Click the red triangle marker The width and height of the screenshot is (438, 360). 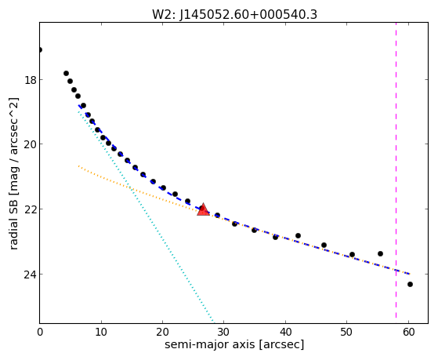pos(203,209)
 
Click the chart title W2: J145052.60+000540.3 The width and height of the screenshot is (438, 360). pos(234,14)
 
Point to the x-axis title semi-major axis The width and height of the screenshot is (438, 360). pos(234,344)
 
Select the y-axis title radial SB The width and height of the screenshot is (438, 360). pos(14,173)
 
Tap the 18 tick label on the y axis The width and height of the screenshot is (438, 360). pos(30,80)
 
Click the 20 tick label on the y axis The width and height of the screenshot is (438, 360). pos(30,144)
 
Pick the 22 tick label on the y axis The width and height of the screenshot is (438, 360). pos(30,209)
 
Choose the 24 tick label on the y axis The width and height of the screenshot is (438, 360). pos(30,275)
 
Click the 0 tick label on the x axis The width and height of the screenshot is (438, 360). pos(40,332)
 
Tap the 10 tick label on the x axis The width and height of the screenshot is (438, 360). pos(101,332)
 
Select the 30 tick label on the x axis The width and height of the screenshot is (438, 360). pos(224,332)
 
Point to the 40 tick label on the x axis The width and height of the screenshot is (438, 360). pos(285,332)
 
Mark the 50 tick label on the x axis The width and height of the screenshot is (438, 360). pos(346,332)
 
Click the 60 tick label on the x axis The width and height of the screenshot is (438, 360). pos(408,332)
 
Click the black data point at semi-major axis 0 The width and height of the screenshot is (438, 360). pos(40,49)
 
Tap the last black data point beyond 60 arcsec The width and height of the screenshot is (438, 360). pos(410,284)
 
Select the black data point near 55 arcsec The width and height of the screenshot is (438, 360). pos(380,253)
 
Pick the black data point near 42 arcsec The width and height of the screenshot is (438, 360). pos(298,235)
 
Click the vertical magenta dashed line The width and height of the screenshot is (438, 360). pos(396,170)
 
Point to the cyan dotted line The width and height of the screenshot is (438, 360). pos(146,216)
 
